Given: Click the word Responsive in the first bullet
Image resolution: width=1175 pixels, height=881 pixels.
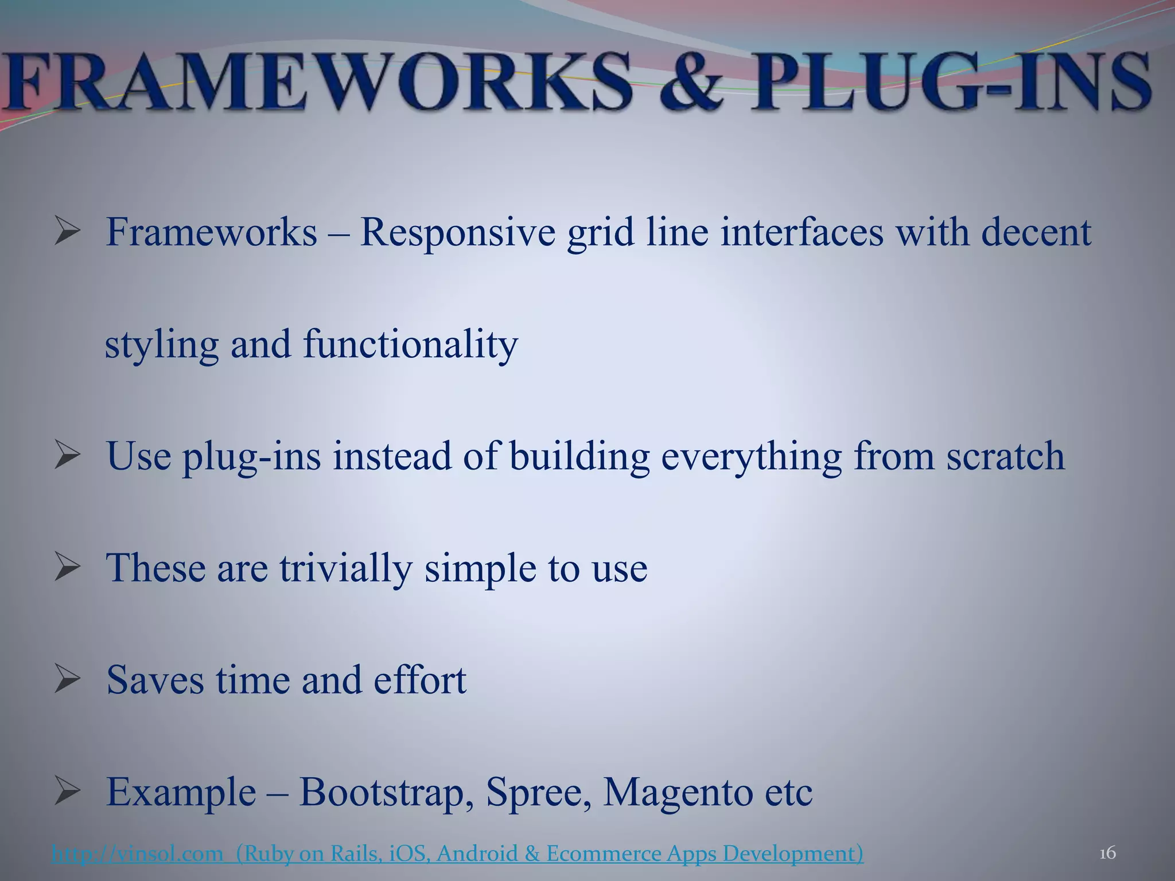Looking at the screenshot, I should pos(457,233).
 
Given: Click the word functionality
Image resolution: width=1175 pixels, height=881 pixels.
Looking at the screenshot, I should pos(410,345).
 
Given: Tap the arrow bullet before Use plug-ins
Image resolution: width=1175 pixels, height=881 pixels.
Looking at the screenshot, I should pos(67,457).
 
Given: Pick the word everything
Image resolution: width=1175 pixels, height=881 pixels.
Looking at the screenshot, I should pos(751,458).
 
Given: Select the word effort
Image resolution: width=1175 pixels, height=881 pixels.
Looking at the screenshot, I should pos(420,680).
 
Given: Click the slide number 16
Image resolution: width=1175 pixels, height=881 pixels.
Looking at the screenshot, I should pos(1107,853).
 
